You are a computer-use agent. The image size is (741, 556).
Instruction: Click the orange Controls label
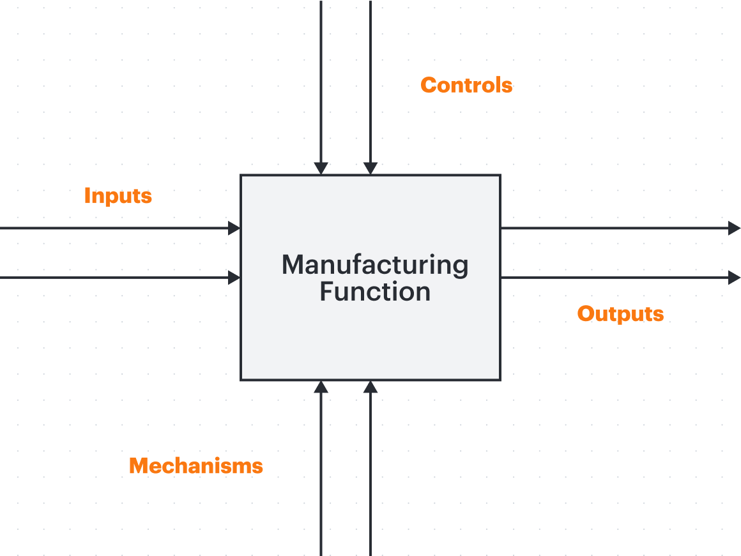coord(466,85)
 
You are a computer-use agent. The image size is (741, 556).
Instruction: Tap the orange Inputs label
coord(118,196)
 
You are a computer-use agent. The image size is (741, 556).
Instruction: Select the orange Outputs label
coord(620,314)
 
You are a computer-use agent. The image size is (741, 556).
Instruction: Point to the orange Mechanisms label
coord(195,466)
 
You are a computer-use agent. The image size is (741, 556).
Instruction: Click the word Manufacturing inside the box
coord(375,266)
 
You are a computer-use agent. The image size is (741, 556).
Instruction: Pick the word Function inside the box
coord(375,292)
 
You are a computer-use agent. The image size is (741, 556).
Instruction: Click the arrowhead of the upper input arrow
coord(234,228)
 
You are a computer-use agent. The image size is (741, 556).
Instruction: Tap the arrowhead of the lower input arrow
coord(234,278)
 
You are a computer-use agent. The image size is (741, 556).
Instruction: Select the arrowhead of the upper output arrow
coord(735,228)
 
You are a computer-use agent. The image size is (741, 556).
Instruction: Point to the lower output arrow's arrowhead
coord(735,278)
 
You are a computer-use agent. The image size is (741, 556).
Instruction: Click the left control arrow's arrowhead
coord(321,169)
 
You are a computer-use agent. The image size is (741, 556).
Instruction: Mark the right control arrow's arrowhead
coord(370,169)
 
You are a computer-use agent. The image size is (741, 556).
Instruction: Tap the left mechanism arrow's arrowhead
coord(321,387)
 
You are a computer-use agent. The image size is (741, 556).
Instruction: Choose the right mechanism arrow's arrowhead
coord(370,387)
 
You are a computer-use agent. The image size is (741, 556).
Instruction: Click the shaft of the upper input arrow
coord(114,228)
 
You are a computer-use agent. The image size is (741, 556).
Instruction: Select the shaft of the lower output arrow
coord(615,278)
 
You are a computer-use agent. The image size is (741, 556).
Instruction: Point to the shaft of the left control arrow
coord(321,81)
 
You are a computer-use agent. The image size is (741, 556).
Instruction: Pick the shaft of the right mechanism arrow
coord(370,474)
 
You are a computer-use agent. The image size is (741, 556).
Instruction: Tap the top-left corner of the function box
coord(241,175)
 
